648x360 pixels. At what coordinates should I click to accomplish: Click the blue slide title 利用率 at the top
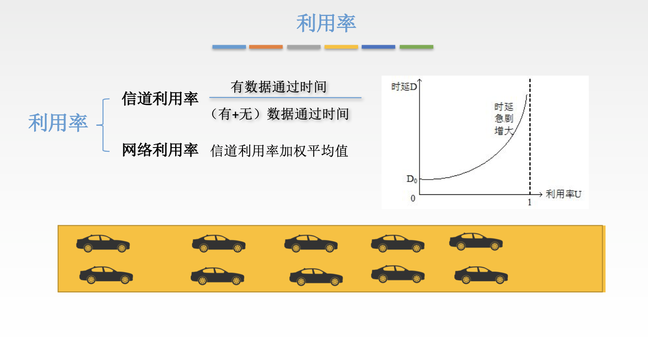click(x=326, y=23)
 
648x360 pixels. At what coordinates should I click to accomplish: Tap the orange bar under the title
click(x=266, y=47)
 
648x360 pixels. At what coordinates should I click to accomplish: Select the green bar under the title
click(x=416, y=47)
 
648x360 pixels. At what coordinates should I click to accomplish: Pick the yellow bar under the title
click(x=341, y=47)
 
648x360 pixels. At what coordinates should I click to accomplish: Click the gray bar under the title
click(x=304, y=47)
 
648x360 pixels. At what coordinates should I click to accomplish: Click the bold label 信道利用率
click(x=160, y=99)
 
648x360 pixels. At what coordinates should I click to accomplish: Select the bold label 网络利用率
click(x=160, y=150)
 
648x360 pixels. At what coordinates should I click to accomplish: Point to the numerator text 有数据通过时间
click(x=279, y=87)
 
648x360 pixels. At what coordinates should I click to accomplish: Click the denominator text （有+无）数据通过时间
click(x=279, y=114)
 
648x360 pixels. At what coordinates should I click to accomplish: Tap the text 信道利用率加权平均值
click(x=279, y=151)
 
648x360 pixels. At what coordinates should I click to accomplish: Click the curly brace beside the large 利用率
click(x=103, y=125)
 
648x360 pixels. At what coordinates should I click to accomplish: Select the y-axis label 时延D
click(x=404, y=86)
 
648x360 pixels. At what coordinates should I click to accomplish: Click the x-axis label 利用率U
click(x=563, y=194)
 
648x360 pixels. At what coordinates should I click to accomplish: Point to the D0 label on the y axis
click(x=412, y=179)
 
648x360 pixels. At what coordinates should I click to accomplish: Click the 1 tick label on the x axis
click(x=530, y=203)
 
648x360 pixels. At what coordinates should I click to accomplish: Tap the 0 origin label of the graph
click(x=413, y=198)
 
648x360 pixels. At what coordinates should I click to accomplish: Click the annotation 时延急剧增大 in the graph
click(x=504, y=119)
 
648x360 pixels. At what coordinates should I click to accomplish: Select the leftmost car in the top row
click(x=103, y=243)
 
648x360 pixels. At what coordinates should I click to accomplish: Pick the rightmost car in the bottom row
click(x=481, y=275)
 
